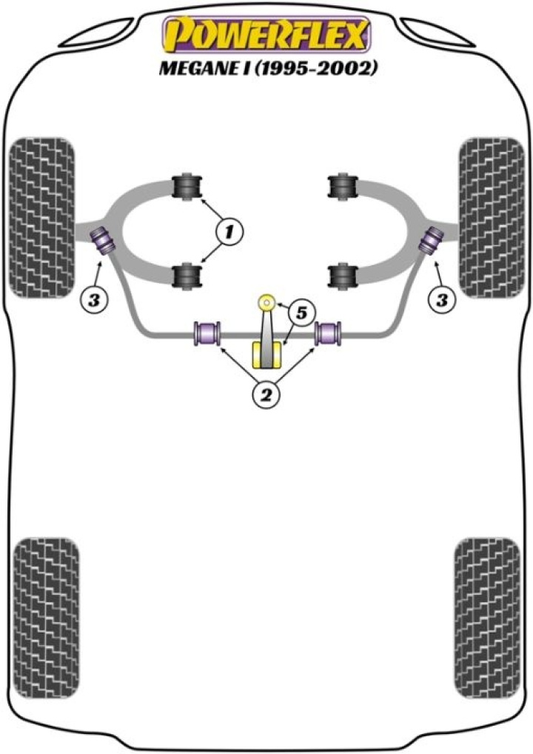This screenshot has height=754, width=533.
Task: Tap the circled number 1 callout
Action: (230, 233)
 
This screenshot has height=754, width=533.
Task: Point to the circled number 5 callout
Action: (300, 314)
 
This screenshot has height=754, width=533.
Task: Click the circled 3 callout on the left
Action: (93, 300)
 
